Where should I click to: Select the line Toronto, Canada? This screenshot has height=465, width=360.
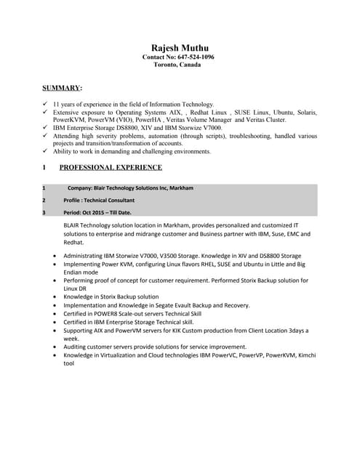(x=178, y=65)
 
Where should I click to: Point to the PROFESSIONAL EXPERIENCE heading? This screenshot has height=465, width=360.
(x=111, y=168)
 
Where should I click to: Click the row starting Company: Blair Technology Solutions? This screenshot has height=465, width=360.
(x=130, y=188)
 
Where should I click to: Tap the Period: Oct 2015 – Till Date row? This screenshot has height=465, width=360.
(x=97, y=213)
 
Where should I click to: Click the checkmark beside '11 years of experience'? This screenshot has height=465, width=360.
(x=45, y=105)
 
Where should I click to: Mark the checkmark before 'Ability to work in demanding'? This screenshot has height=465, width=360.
(x=45, y=152)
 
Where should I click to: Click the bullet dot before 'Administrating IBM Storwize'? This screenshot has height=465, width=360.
(x=57, y=256)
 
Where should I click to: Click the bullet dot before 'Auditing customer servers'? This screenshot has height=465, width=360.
(x=57, y=347)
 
